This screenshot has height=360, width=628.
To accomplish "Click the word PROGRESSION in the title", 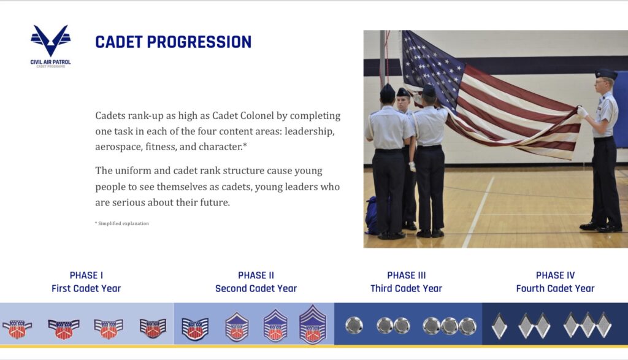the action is (x=199, y=42).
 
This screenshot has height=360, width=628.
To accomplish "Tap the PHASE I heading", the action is (x=86, y=275).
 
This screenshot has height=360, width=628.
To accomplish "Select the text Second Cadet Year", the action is (x=256, y=288).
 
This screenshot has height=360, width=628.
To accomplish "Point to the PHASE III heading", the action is (x=406, y=275).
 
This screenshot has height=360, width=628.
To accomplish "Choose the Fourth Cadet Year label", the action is (x=555, y=288).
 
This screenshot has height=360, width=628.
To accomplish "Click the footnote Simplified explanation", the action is (x=122, y=223).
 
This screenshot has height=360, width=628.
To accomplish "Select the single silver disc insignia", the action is (x=354, y=325).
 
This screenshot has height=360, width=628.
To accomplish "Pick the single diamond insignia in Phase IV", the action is (x=499, y=326).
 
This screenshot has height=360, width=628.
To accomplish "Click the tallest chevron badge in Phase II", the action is (x=312, y=324).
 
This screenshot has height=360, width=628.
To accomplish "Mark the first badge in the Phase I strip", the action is (x=17, y=328).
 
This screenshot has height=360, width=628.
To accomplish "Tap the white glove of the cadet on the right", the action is (x=582, y=112).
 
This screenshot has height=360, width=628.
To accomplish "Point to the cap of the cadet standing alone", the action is (x=605, y=74).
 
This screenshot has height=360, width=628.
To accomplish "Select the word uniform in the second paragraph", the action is (x=132, y=171).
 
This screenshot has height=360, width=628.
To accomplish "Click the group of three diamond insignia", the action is (x=587, y=325).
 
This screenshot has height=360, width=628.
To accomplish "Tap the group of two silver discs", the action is (x=393, y=326).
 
